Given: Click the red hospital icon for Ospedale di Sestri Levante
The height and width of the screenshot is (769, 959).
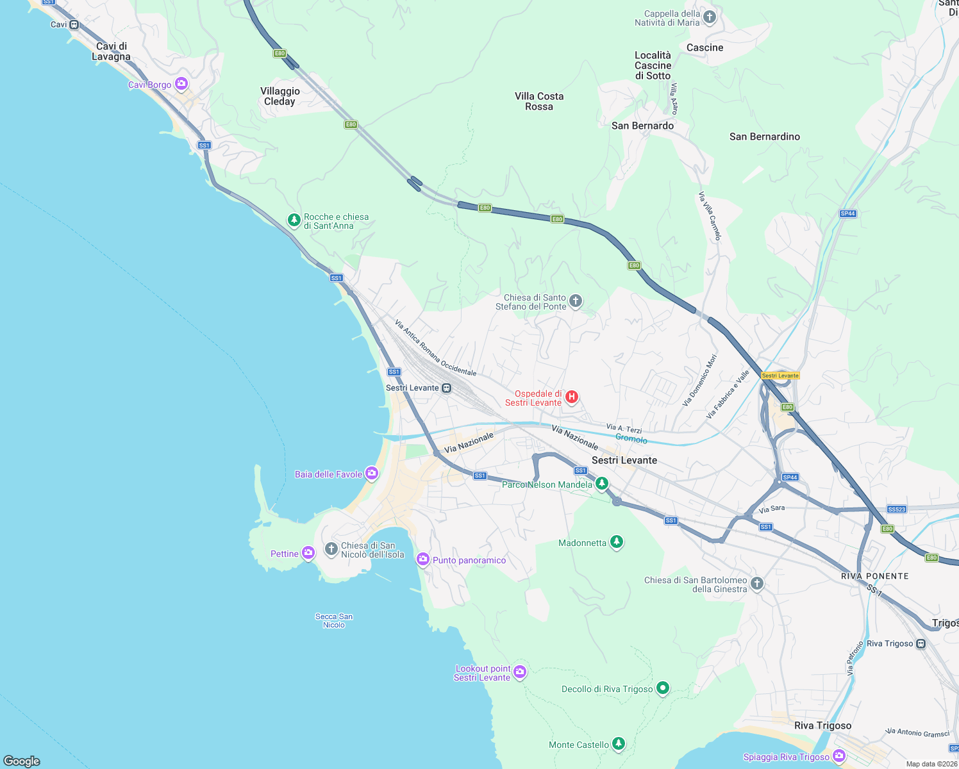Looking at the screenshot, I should pos(572,397).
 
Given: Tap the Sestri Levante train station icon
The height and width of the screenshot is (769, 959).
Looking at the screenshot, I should pos(447,388).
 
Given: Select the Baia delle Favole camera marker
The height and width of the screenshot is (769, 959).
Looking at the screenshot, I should pos(372,474).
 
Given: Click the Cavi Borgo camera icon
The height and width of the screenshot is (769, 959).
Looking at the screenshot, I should pos(181,84).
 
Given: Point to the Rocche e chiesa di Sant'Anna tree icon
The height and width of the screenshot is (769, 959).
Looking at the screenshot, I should pos(294,220).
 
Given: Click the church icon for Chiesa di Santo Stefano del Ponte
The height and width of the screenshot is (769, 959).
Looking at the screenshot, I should pos(576,301).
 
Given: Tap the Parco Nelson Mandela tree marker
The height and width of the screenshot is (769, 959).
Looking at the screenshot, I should pos(601,483).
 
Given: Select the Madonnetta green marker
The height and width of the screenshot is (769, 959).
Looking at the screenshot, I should pos(616,542).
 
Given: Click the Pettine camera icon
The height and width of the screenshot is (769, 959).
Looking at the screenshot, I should pos(308,552).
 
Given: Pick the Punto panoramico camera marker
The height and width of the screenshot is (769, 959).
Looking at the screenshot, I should pos(422,559).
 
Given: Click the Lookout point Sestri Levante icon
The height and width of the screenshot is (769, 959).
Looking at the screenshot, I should pos(520,672).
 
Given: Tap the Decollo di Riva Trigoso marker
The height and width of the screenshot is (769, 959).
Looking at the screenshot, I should pos(663,688).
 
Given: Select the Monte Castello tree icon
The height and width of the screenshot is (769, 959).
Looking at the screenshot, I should pos(618,743).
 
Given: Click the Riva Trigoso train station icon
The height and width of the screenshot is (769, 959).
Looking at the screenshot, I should pos(921,643).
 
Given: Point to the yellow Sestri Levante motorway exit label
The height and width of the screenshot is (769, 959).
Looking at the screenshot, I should pos(780,376).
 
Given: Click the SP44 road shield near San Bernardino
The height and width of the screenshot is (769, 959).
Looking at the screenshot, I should pos(847,213).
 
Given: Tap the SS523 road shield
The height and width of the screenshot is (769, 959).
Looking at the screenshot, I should pos(897,509).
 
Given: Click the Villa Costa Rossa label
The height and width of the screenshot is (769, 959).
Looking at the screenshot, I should pos(539,101).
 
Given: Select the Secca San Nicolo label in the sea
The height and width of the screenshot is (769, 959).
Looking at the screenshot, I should pos(334,620).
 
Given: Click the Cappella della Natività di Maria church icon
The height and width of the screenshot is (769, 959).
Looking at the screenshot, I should pos(709,17).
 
